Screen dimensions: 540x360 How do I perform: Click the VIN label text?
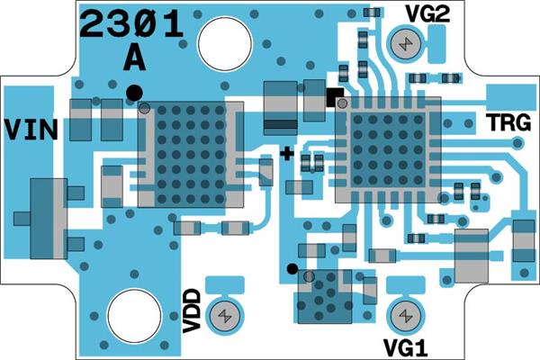(x=31, y=130)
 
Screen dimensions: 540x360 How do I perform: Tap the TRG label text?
(x=508, y=122)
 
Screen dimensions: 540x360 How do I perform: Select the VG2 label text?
(x=428, y=13)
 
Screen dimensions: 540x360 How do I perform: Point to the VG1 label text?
(x=406, y=348)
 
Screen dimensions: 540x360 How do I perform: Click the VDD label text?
(x=192, y=311)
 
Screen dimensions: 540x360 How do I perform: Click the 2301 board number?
(x=130, y=23)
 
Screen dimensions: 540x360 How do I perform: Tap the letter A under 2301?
(x=134, y=58)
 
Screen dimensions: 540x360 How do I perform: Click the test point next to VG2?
(x=406, y=44)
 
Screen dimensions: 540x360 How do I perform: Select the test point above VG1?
(x=406, y=316)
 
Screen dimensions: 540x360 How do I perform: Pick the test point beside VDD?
(x=225, y=316)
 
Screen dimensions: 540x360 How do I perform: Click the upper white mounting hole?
(x=225, y=43)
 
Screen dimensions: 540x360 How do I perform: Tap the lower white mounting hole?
(x=134, y=316)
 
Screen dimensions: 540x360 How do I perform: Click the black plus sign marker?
(x=286, y=154)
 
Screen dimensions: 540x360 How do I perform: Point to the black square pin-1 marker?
(x=335, y=97)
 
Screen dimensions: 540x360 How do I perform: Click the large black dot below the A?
(x=134, y=93)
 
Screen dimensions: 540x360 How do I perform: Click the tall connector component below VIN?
(x=49, y=219)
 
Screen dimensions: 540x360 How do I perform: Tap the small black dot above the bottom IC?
(x=292, y=269)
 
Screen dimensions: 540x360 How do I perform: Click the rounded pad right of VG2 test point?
(x=436, y=44)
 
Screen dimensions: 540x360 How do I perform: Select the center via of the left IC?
(x=191, y=155)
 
